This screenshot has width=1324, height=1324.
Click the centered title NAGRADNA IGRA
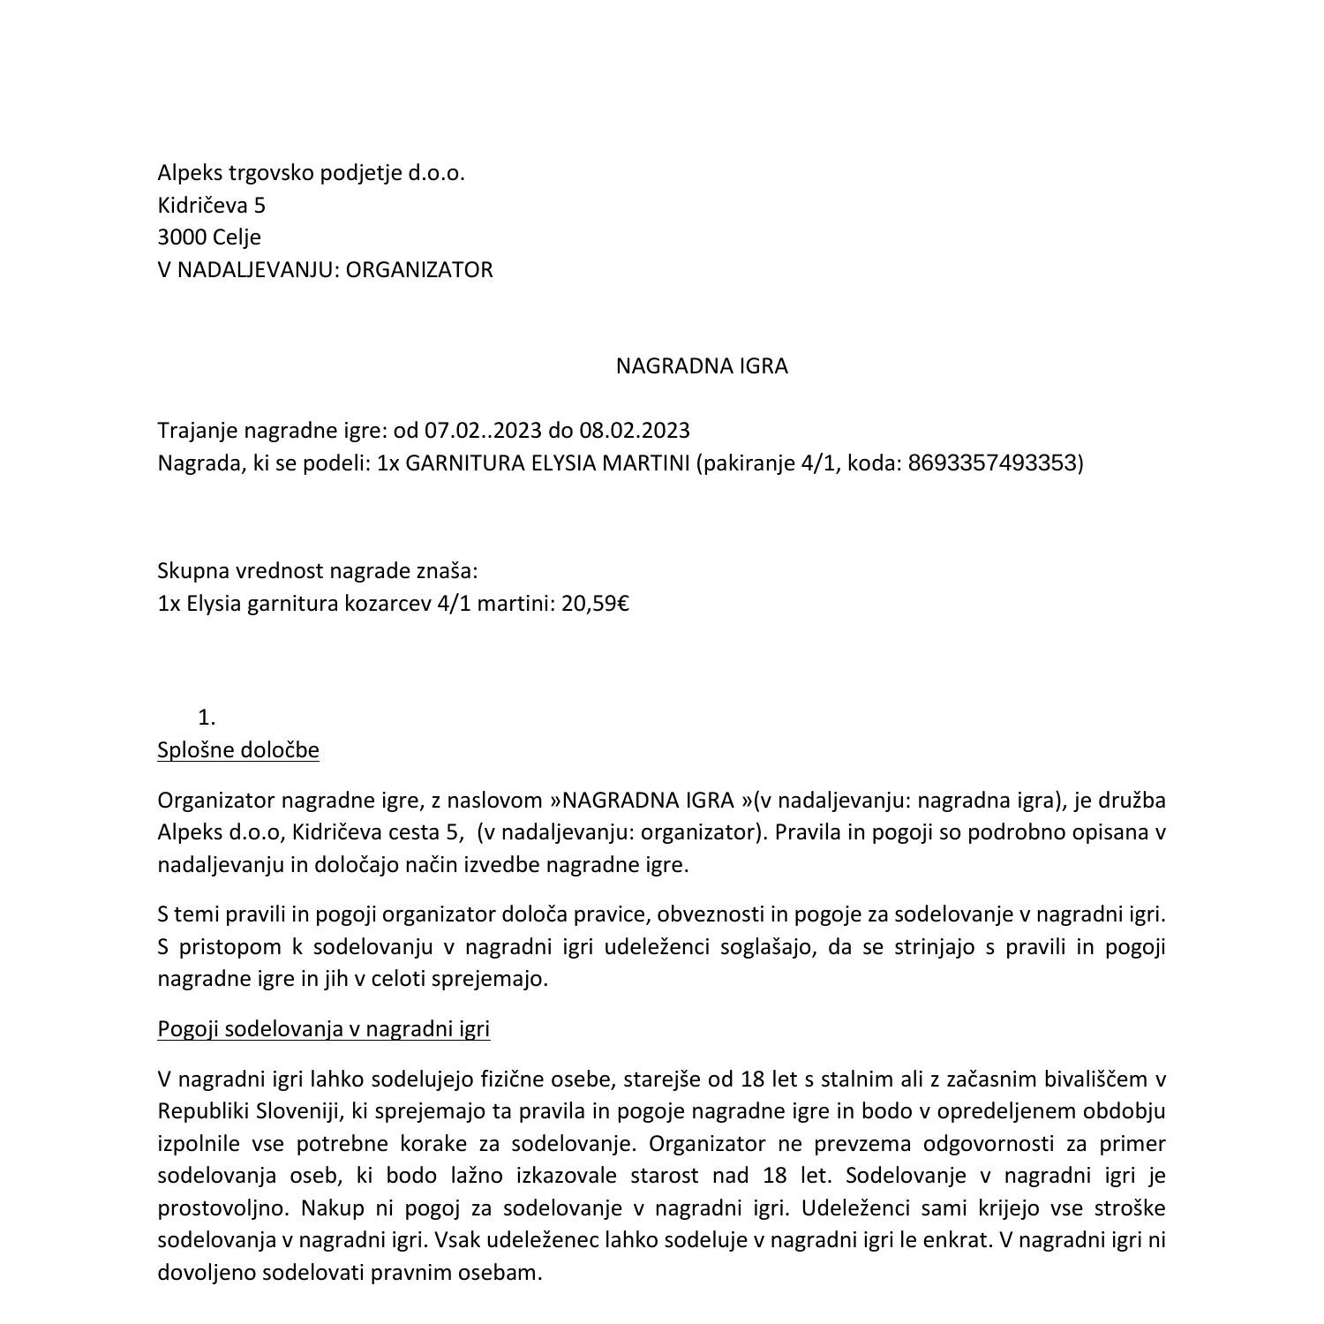click(x=701, y=366)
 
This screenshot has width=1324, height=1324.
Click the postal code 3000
click(x=182, y=237)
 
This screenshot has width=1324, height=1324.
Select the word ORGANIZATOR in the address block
click(x=419, y=270)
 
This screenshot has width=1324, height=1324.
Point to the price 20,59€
click(x=595, y=604)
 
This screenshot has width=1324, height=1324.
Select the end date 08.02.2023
click(x=635, y=431)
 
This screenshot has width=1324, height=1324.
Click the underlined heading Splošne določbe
click(x=238, y=750)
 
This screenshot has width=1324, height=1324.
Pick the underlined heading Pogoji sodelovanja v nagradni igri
click(x=323, y=1029)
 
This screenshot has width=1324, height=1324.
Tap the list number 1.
click(x=207, y=718)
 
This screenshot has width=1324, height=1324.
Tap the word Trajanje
click(x=198, y=431)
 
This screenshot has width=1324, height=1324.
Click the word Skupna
click(x=193, y=571)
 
